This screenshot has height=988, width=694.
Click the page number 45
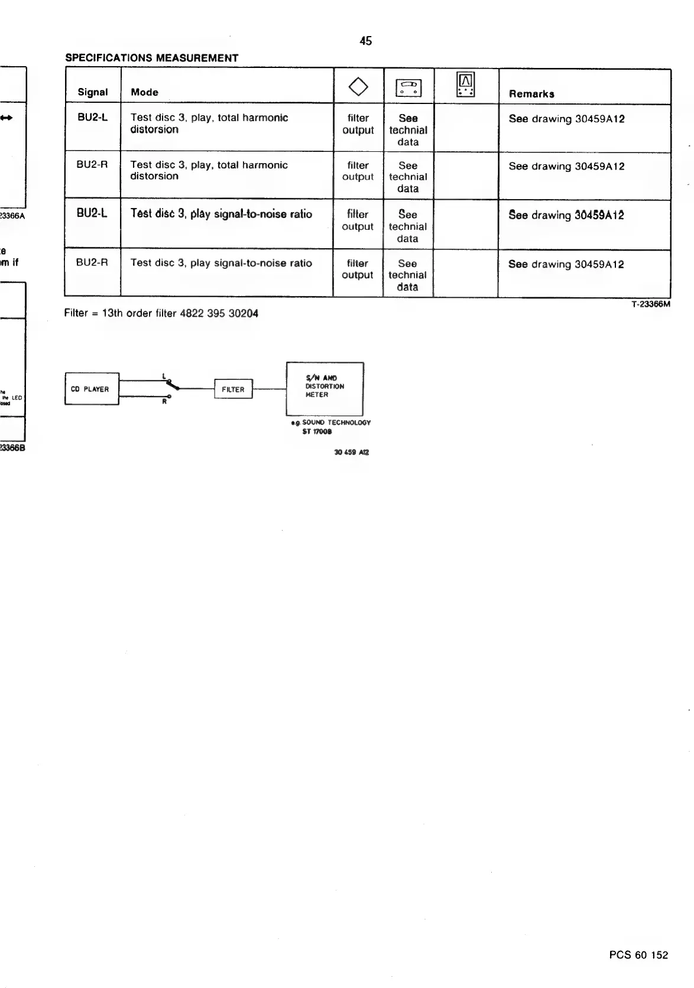pos(366,41)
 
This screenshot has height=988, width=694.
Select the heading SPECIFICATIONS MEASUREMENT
pos(151,58)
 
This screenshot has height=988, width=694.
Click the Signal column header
pos(93,92)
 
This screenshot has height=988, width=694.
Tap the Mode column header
pos(144,92)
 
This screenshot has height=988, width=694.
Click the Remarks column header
pos(531,94)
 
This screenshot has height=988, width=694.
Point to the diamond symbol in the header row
pos(358,87)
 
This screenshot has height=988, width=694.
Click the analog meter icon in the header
pos(408,88)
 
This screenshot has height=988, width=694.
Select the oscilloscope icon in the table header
pos(466,84)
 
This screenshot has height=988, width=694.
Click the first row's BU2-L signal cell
pos(93,118)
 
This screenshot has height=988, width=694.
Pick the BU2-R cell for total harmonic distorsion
pos(92,165)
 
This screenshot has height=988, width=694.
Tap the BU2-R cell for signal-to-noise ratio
pos(92,263)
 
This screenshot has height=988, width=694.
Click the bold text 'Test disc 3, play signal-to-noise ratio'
pos(221,214)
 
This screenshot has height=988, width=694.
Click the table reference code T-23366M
pos(650,305)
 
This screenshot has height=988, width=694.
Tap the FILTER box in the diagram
pos(233,389)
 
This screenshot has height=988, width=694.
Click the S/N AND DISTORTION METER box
pos(325,388)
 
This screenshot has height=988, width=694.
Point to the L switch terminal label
pos(163,375)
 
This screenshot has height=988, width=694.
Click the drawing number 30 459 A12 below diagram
pos(351,452)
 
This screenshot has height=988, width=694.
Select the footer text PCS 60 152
pos(638,955)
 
